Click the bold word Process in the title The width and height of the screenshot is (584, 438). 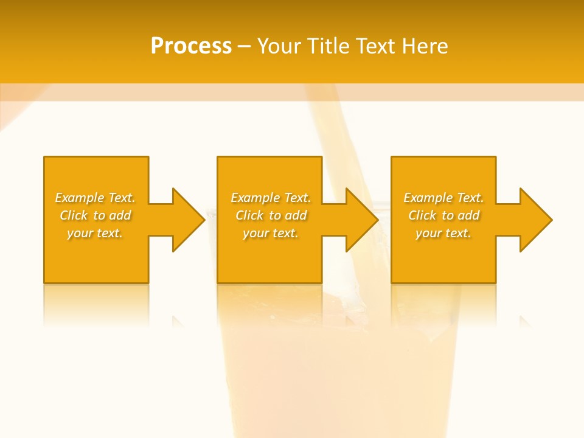[x=191, y=46]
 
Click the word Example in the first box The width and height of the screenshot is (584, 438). [x=79, y=198]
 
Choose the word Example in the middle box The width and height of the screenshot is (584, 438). [x=255, y=198]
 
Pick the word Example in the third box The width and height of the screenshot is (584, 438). [x=428, y=198]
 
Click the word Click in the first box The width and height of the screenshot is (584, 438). [x=73, y=215]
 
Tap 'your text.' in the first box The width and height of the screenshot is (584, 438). [x=95, y=233]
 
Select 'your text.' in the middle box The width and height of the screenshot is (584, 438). [x=271, y=233]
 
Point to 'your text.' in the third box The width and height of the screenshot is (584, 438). [x=443, y=233]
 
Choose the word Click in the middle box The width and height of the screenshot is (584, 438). [x=249, y=215]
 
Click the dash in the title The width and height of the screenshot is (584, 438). [x=245, y=46]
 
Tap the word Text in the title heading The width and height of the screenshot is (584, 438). [x=375, y=46]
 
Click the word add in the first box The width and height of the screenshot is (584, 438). [x=120, y=215]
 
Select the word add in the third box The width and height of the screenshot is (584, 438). [x=469, y=215]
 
